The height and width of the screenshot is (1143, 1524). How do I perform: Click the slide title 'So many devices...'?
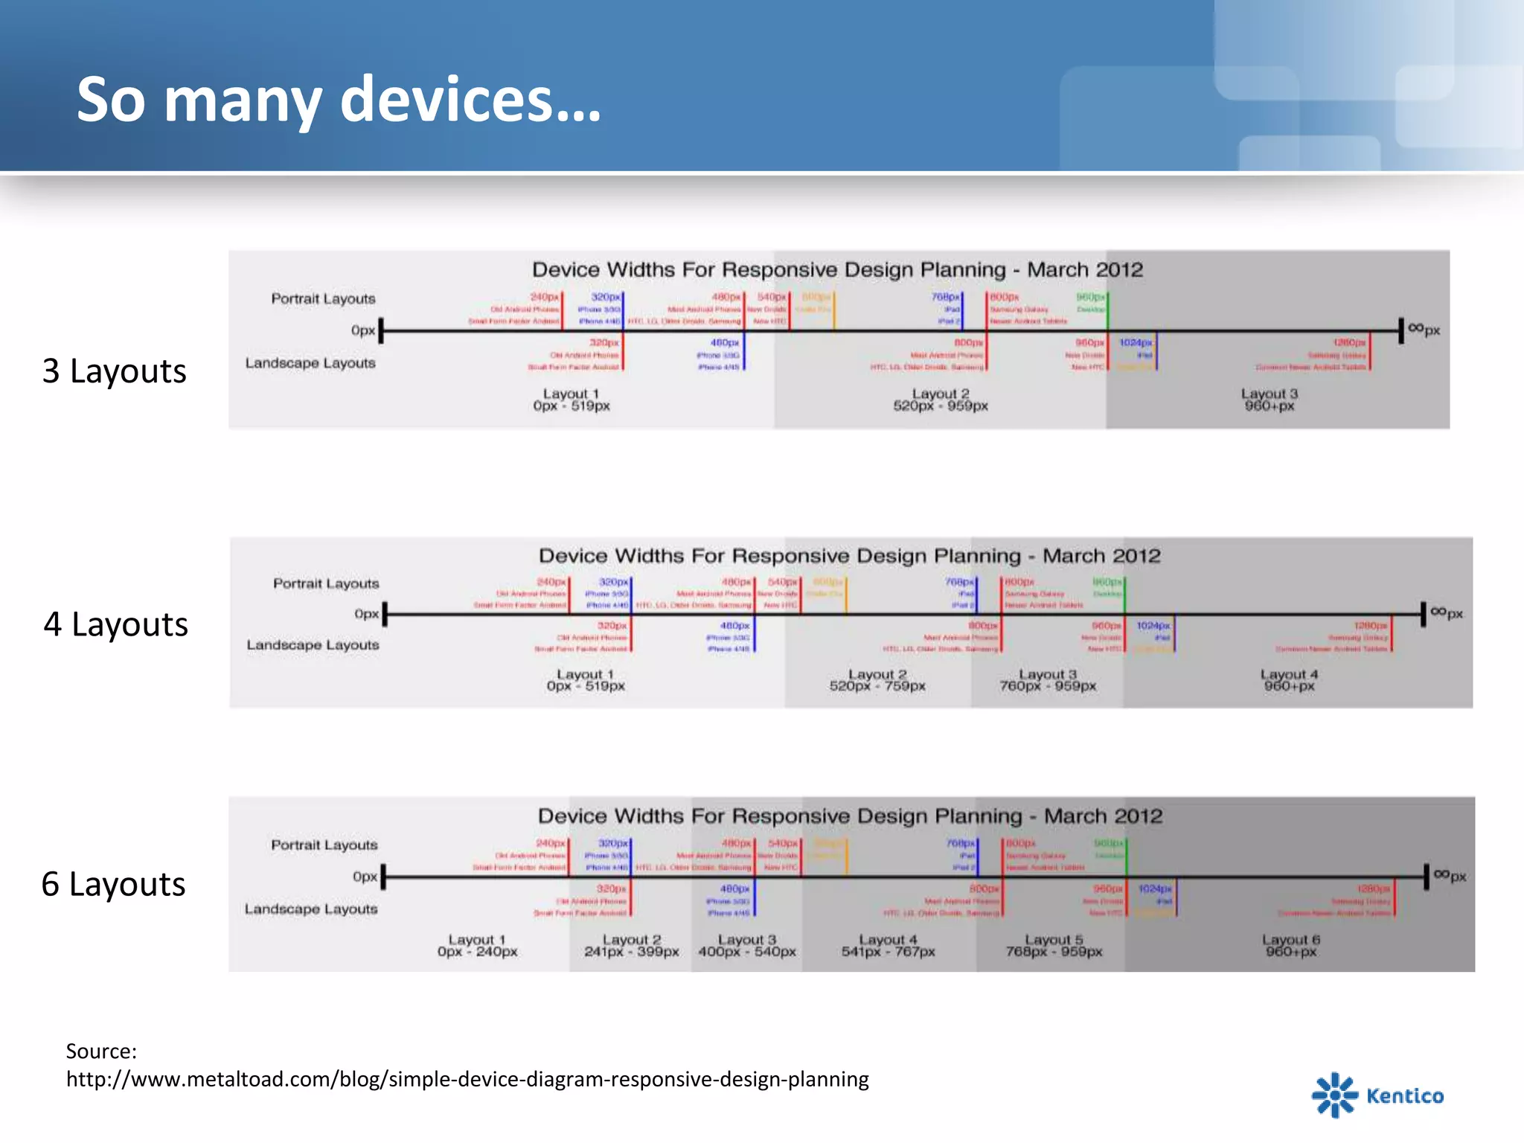point(339,100)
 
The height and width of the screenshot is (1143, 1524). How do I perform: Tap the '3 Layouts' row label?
point(114,371)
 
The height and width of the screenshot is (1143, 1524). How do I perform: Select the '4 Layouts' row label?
point(115,624)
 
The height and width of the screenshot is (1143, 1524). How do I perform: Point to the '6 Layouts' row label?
point(113,884)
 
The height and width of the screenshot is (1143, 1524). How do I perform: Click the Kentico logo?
point(1377,1095)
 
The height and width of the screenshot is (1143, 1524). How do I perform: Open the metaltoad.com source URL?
point(467,1079)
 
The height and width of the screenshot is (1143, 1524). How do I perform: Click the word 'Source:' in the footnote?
point(101,1051)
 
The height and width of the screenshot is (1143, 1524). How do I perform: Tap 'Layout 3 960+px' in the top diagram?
point(1270,400)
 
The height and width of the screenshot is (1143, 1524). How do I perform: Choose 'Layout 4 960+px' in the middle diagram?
point(1289,680)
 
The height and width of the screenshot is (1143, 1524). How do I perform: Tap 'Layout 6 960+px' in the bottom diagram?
point(1291,945)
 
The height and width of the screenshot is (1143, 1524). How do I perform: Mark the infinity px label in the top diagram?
point(1424,329)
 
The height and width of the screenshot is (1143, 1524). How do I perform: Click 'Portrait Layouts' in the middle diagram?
point(326,583)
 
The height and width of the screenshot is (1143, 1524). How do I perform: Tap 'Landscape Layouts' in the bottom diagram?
point(311,909)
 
